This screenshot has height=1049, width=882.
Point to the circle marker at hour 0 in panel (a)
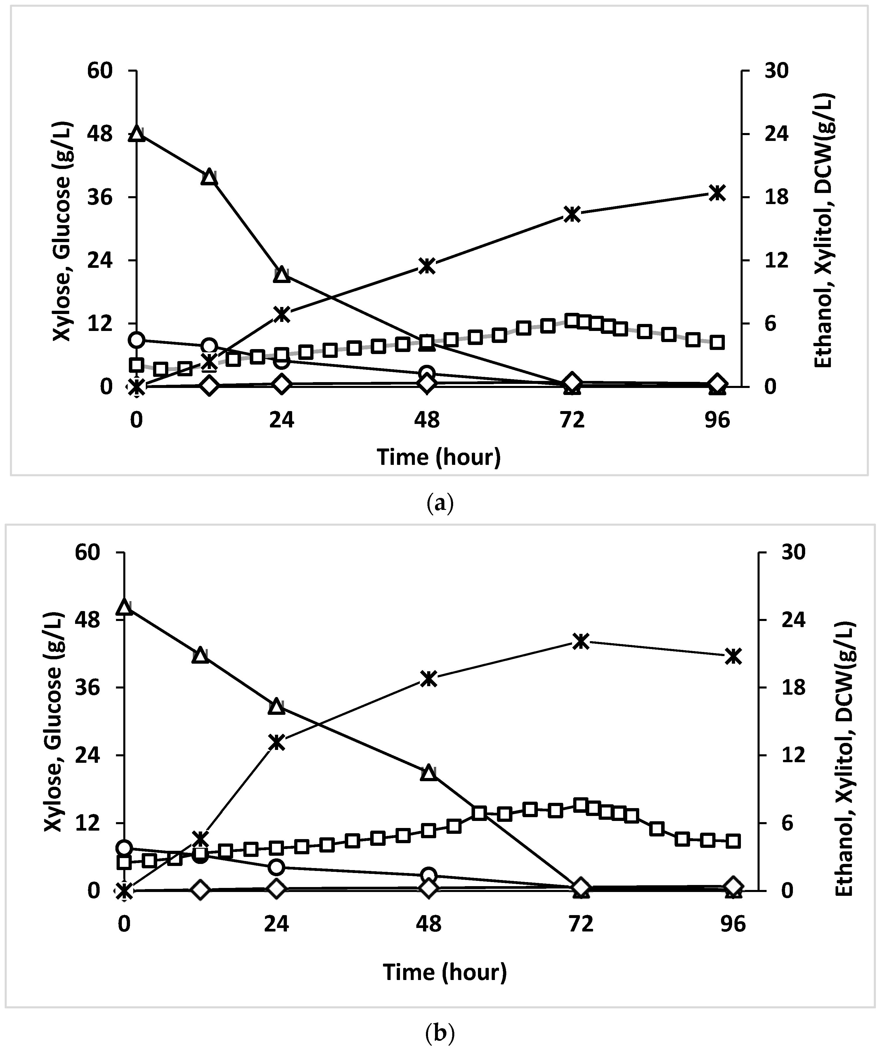136,340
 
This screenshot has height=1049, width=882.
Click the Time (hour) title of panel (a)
439,457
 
